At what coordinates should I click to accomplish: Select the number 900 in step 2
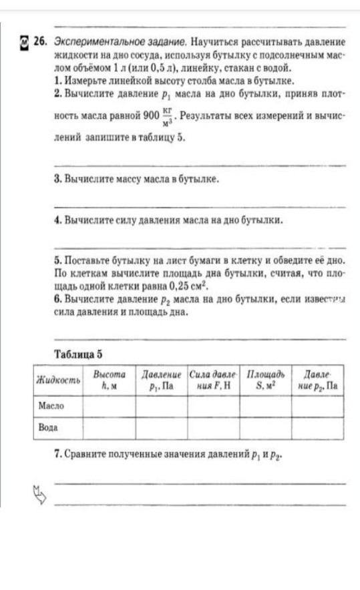tap(151, 117)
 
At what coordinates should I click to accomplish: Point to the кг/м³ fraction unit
tap(167, 117)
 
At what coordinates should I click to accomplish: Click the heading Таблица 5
tap(79, 353)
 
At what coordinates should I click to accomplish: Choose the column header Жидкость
tap(58, 380)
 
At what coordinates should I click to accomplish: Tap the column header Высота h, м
tap(109, 380)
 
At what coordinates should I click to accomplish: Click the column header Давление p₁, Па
tap(161, 380)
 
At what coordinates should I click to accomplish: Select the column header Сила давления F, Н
tap(213, 380)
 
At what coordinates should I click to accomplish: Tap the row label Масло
tap(51, 405)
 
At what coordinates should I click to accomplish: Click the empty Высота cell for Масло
tap(109, 405)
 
